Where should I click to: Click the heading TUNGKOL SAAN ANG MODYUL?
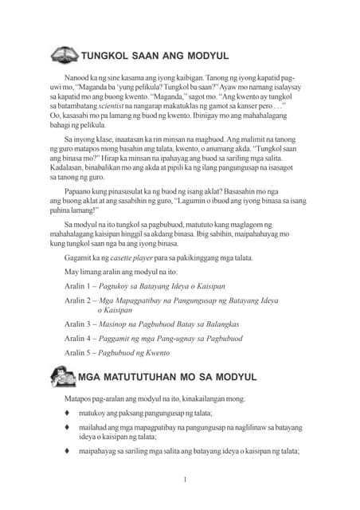click(x=155, y=56)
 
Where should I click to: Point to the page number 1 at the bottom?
click(x=185, y=480)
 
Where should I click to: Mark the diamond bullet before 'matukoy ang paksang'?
click(x=68, y=414)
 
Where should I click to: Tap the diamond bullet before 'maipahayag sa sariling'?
click(x=68, y=451)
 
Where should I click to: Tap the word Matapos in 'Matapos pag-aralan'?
click(x=79, y=398)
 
